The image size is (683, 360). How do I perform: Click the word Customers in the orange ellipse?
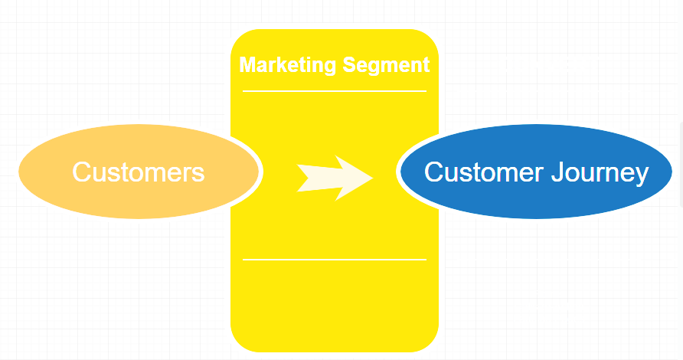[x=139, y=172]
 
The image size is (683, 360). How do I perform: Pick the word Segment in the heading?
[x=386, y=65]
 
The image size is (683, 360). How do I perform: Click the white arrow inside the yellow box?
[x=334, y=178]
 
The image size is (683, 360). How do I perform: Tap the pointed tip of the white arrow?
[x=372, y=178]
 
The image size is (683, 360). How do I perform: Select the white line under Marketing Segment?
[x=335, y=91]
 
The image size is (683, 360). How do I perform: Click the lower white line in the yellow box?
[x=335, y=260]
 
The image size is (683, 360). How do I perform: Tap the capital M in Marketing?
[x=247, y=65]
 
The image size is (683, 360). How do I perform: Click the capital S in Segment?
[x=348, y=65]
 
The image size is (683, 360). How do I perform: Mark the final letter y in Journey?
[x=642, y=175]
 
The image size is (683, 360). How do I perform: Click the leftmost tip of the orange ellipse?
[x=20, y=172]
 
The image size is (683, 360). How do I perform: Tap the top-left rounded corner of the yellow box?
[x=238, y=37]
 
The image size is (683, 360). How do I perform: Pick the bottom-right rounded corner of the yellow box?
[x=431, y=344]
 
